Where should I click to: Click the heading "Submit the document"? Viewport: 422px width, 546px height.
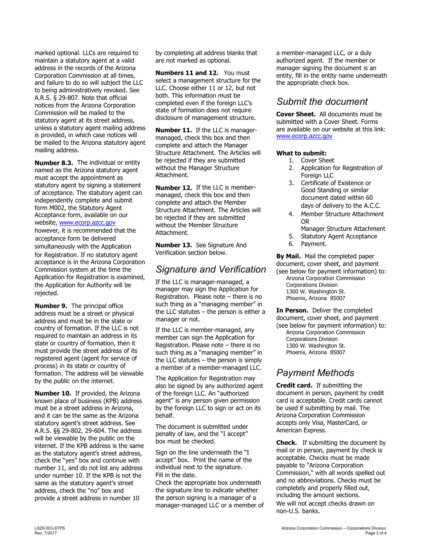click(322, 102)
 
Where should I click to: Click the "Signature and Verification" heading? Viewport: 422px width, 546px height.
click(211, 269)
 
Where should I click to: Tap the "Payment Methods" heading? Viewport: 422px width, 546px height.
click(315, 373)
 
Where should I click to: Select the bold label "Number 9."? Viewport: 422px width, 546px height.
click(51, 306)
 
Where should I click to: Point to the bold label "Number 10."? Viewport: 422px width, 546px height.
click(53, 393)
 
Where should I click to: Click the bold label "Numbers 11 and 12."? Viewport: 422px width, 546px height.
click(187, 73)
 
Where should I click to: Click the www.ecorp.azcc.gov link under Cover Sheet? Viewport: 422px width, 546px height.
click(304, 136)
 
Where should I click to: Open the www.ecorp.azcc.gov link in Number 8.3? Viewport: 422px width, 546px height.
click(87, 223)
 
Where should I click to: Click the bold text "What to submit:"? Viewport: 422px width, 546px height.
click(298, 153)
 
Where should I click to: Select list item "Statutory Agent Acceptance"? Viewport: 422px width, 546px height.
click(338, 236)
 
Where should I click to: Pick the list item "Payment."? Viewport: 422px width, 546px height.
click(313, 244)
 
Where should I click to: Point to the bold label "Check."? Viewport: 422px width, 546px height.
click(287, 443)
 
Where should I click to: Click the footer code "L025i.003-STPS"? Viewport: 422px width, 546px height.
click(49, 528)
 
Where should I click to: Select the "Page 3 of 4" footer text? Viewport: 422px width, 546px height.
click(375, 533)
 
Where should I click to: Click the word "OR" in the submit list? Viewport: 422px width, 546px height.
click(305, 221)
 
